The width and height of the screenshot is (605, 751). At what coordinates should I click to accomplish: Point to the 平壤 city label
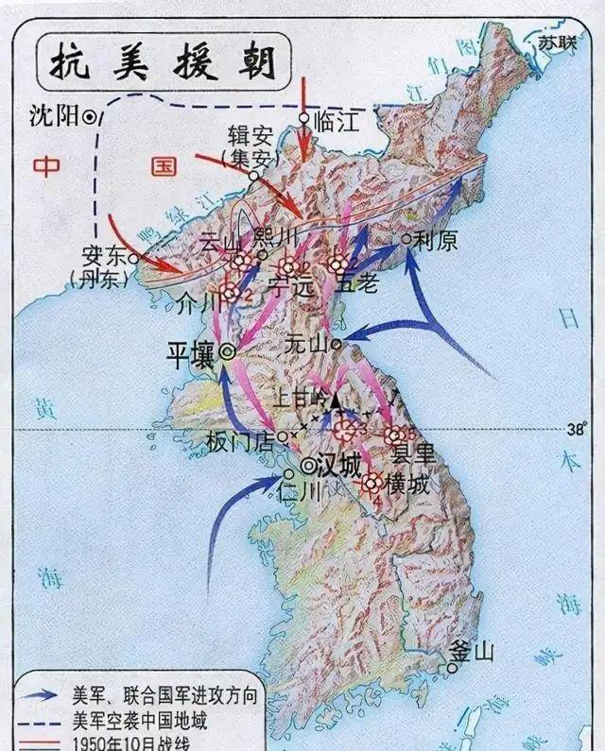191,354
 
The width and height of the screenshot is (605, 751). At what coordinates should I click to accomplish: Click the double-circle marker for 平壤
228,351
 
